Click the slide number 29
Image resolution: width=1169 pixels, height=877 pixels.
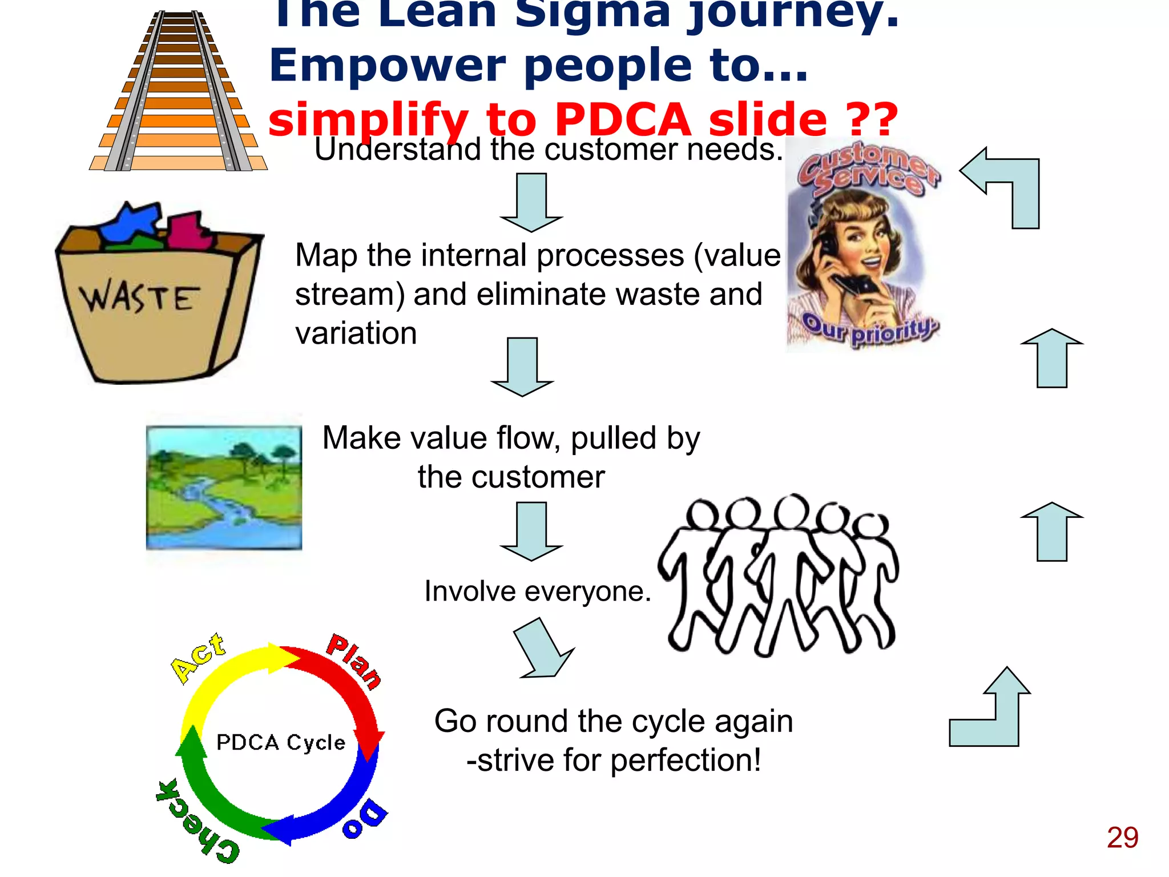(x=1122, y=838)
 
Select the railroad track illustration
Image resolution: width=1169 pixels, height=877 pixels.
(x=178, y=91)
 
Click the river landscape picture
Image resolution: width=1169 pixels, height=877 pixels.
(x=224, y=488)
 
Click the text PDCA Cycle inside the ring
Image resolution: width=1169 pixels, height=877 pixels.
(x=281, y=742)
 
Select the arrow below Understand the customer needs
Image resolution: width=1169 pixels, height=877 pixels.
(x=531, y=203)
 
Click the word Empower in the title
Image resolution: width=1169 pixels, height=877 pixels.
(x=388, y=66)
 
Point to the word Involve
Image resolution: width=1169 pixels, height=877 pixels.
(x=470, y=591)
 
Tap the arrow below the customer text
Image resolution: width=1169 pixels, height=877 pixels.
(x=531, y=532)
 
